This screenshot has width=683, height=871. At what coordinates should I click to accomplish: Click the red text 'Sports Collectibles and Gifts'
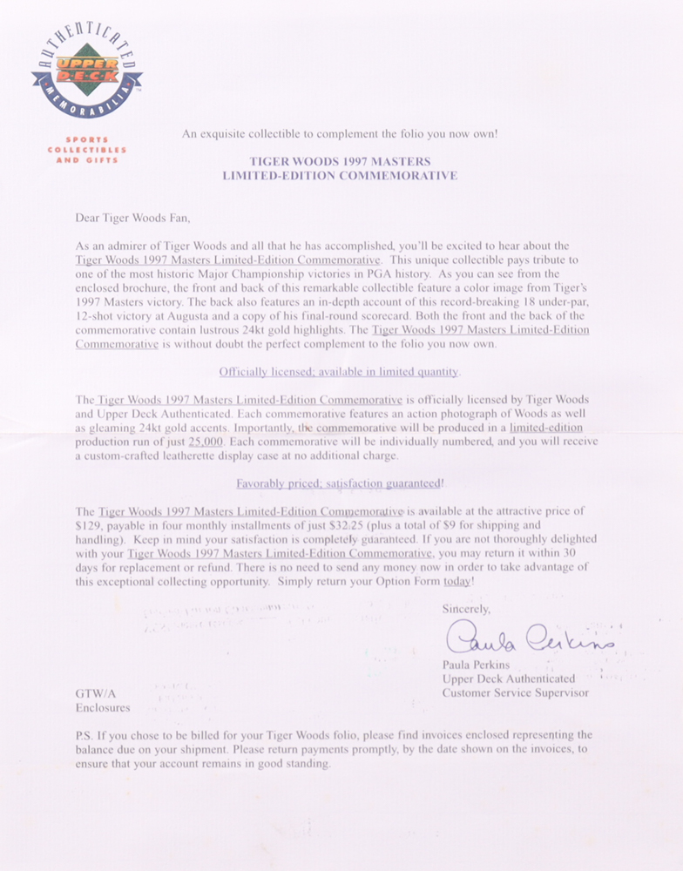83,150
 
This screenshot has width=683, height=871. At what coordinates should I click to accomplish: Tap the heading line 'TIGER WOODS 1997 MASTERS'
340,162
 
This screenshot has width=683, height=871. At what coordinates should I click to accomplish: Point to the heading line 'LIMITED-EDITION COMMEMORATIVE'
340,176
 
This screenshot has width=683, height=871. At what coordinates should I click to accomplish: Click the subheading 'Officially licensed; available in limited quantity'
339,372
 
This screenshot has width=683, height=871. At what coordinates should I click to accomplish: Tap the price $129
91,525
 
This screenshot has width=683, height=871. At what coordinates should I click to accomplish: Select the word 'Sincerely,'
466,610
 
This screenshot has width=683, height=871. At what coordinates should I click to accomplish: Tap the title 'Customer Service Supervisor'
515,693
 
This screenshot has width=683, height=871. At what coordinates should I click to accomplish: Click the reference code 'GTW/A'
94,693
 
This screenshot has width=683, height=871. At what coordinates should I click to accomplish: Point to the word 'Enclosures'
103,708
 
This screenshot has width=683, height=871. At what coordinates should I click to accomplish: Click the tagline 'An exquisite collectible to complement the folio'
340,134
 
